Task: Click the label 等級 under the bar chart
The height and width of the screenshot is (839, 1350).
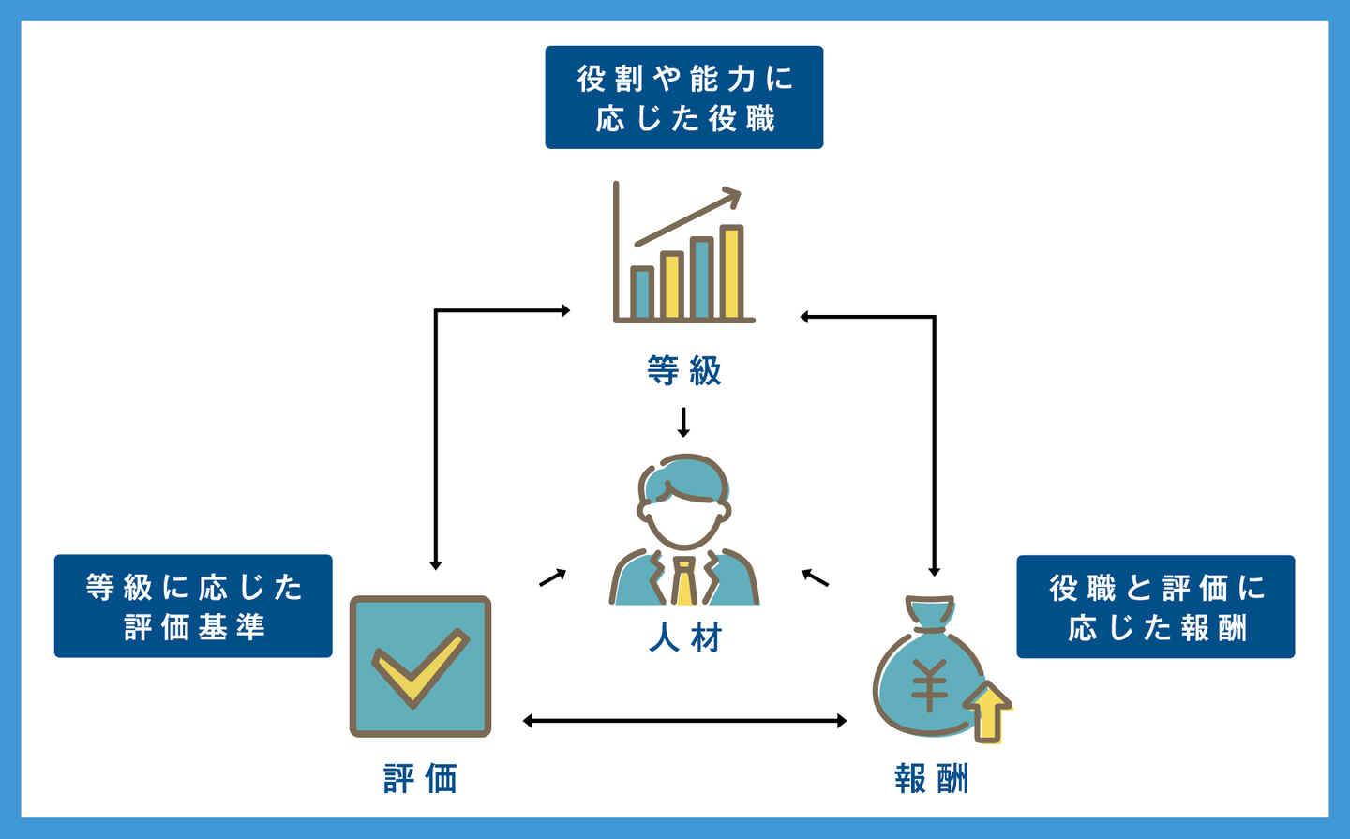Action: (684, 370)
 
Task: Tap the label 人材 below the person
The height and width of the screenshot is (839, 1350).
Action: (685, 638)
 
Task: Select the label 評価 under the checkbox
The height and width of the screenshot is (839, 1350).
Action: (420, 779)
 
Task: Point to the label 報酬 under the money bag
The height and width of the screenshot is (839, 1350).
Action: (931, 779)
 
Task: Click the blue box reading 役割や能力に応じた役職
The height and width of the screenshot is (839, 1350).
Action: (684, 97)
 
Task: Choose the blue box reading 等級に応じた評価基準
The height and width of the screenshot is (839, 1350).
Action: (193, 606)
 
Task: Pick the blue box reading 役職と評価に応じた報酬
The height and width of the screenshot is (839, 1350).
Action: (1155, 607)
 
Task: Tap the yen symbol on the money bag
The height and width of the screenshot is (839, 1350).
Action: (929, 684)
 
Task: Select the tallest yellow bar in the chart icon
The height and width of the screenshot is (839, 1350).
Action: (731, 272)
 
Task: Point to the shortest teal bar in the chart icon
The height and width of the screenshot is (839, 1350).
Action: (642, 293)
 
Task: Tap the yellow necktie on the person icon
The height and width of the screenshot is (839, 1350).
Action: (685, 581)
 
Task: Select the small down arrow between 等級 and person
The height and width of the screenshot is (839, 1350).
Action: (683, 423)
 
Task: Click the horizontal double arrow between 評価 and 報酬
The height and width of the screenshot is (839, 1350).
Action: (684, 721)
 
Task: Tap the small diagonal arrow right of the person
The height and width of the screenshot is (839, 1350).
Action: (815, 577)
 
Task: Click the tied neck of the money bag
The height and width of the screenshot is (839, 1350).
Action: (931, 620)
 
